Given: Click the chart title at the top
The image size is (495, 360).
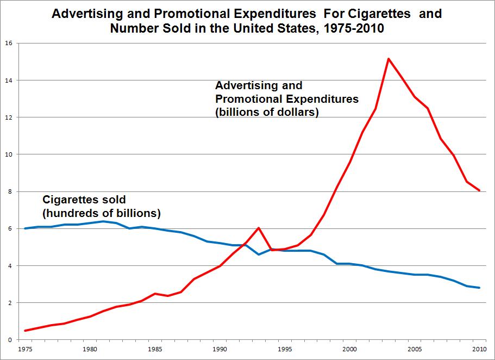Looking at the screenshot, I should (x=247, y=21).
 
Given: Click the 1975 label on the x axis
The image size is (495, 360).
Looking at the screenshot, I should (x=24, y=348).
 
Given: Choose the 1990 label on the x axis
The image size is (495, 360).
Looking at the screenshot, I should (x=220, y=348).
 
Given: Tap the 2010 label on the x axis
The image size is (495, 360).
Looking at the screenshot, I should (x=479, y=348).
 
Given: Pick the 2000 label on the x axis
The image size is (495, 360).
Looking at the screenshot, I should (x=349, y=348).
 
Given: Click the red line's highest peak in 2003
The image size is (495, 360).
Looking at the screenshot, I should (x=389, y=58).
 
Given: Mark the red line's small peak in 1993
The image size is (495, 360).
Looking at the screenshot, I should (x=259, y=228).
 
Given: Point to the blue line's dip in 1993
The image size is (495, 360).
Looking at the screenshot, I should (x=259, y=255).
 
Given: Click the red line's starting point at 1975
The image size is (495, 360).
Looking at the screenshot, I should (x=25, y=331).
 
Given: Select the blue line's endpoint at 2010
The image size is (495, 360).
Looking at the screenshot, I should (x=479, y=288).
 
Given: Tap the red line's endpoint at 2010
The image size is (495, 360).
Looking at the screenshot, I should (x=479, y=190).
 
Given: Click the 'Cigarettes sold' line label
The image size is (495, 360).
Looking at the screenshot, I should (x=84, y=200).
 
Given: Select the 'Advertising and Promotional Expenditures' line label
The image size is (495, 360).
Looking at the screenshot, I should (x=287, y=92).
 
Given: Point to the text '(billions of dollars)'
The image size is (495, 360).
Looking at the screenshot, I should (x=267, y=113).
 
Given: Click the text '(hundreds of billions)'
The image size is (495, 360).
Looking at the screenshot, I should (x=102, y=213).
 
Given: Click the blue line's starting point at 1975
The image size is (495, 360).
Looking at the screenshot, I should (x=25, y=228).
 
